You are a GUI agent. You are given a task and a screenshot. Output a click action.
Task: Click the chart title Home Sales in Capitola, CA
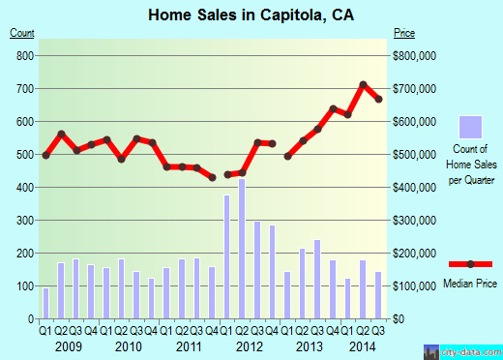[251, 15]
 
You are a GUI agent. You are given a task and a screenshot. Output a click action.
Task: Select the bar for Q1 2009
[45, 303]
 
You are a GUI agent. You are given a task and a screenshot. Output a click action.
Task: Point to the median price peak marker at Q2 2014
[364, 85]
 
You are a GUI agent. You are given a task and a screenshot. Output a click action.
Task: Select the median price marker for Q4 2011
[213, 177]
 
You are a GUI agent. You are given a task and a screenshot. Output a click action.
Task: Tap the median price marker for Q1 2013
[287, 156]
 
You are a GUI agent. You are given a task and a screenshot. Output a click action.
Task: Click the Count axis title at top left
[22, 35]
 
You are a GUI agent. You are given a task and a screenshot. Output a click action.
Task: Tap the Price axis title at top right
[404, 35]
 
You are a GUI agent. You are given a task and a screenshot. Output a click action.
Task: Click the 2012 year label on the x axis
[250, 345]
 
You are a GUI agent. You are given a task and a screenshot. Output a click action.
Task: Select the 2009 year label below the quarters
[67, 345]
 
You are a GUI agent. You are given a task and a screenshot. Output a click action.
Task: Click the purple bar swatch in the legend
[470, 127]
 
